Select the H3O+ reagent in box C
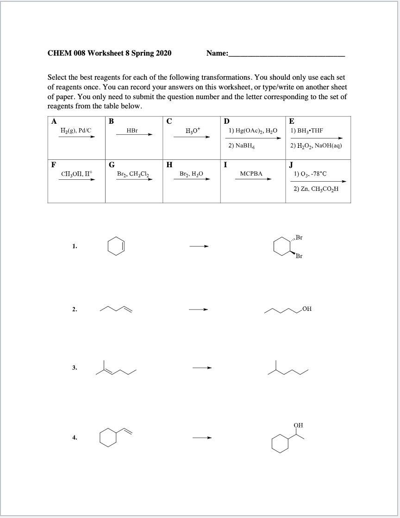pyautogui.click(x=192, y=131)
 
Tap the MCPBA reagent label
pyautogui.click(x=251, y=173)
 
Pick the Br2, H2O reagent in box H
pyautogui.click(x=191, y=173)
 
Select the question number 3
pyautogui.click(x=75, y=367)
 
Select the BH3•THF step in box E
pyautogui.click(x=307, y=131)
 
